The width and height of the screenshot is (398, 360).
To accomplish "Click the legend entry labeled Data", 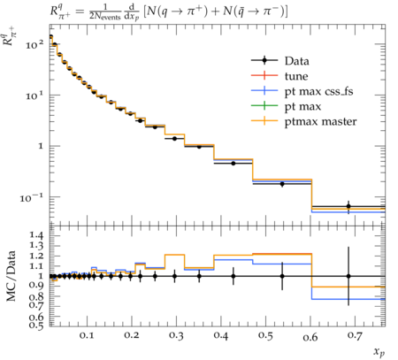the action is [297, 61].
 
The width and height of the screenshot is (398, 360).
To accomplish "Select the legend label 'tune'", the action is [296, 76].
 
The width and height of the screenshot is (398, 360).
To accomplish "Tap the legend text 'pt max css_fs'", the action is [318, 92].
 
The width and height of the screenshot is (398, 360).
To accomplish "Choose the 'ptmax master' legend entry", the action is [320, 122].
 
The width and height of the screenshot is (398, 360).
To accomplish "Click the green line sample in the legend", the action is [264, 106].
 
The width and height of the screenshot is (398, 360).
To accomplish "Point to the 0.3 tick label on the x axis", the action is [176, 335].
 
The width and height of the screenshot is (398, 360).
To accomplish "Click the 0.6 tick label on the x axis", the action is [310, 335].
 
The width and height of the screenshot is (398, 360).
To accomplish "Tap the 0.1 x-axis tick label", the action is [87, 335].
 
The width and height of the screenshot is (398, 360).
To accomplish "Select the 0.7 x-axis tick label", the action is [355, 335].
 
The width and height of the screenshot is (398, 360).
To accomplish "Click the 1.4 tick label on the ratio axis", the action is [36, 235].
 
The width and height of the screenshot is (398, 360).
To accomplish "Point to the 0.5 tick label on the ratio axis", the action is [36, 326].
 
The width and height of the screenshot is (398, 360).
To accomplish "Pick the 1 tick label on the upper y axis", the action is [41, 146].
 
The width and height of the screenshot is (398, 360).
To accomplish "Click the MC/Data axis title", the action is [11, 276].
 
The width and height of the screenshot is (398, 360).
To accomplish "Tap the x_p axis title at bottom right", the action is [379, 352].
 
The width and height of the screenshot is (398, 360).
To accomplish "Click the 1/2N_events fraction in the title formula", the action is [105, 11].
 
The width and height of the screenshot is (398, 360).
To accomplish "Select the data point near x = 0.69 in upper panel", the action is [348, 206].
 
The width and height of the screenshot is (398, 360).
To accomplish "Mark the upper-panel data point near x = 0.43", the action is [233, 163].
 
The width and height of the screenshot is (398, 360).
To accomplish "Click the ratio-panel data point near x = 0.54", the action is [282, 276].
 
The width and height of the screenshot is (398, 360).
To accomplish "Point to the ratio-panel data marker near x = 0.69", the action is [348, 276].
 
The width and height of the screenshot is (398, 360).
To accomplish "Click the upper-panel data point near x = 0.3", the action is [174, 138].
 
